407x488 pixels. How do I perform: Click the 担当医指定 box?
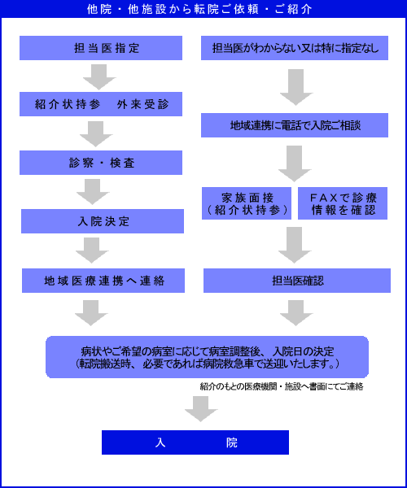click(x=101, y=48)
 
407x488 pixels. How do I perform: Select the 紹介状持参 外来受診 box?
click(x=101, y=104)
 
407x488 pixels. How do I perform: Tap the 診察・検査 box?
click(x=101, y=163)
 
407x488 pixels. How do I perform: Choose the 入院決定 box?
click(x=103, y=221)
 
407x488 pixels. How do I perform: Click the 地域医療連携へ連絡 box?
click(x=103, y=281)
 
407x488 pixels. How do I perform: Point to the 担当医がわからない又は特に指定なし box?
click(x=295, y=48)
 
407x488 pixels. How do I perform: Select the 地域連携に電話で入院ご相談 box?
click(x=295, y=125)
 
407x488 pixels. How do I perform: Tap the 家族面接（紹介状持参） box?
click(x=247, y=203)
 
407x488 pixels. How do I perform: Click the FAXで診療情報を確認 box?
click(x=343, y=203)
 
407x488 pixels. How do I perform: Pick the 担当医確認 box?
click(x=297, y=281)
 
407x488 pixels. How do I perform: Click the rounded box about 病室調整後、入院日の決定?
click(x=207, y=357)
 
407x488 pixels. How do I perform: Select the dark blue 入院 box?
click(x=195, y=442)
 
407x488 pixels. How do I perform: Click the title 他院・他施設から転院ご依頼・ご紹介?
click(x=199, y=9)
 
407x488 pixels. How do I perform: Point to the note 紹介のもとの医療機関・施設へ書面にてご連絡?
click(x=282, y=386)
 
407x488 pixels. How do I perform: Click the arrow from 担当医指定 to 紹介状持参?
click(x=99, y=77)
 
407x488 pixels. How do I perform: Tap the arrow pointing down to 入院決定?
click(x=93, y=192)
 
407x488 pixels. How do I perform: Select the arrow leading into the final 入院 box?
click(x=201, y=409)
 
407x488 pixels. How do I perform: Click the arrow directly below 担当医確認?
click(x=296, y=313)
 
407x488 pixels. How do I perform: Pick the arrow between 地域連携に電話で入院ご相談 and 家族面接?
click(x=295, y=163)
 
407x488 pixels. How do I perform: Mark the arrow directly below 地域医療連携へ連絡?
click(x=91, y=313)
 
